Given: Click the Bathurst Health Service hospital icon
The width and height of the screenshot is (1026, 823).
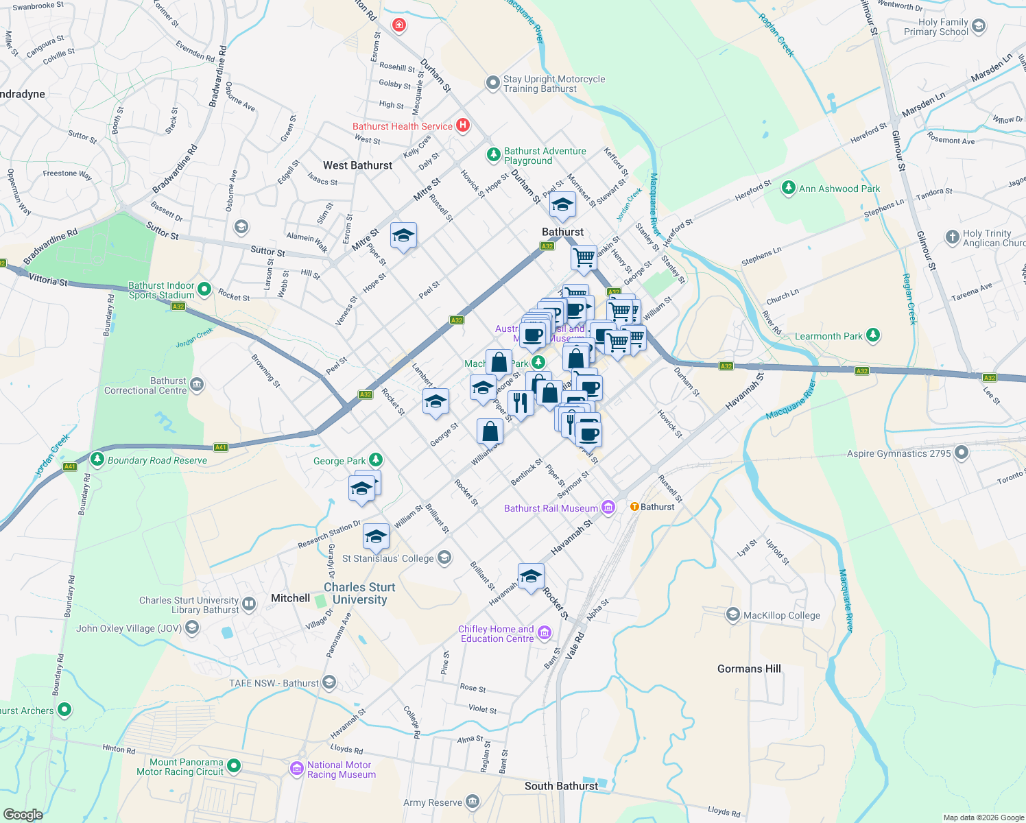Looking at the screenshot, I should tap(463, 125).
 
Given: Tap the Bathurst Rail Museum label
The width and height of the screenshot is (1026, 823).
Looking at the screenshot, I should tap(551, 508).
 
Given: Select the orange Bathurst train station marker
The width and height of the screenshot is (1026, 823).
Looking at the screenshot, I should tap(634, 507).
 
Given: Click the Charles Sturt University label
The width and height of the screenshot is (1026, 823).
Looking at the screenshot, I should tap(359, 593).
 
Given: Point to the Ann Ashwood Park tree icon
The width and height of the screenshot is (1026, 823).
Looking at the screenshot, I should tap(789, 188).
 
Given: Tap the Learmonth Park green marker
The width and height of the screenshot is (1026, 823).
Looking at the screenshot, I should tap(872, 335).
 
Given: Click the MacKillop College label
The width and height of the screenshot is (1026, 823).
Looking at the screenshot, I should tap(782, 615).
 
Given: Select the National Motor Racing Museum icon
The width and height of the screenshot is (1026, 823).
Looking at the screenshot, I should tap(297, 769).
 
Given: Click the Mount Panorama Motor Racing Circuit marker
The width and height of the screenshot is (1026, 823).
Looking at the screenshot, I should tap(234, 765).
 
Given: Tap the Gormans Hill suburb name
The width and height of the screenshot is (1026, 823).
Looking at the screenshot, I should tap(749, 669).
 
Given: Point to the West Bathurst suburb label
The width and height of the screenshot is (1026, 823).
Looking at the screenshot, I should tap(357, 165).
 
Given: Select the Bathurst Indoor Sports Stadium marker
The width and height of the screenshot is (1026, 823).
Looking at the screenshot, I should tap(204, 290).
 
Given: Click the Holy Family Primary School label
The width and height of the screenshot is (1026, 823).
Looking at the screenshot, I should tap(935, 27).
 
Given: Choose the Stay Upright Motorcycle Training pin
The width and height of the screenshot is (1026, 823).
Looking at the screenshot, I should tap(492, 83).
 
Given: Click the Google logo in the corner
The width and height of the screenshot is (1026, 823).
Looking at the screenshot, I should tap(23, 814).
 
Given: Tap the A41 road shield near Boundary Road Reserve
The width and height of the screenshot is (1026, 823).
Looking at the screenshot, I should tap(70, 466).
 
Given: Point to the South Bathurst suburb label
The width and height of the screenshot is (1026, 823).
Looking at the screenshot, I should tap(561, 786).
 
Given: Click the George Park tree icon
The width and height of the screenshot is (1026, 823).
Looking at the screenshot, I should tap(375, 460).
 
